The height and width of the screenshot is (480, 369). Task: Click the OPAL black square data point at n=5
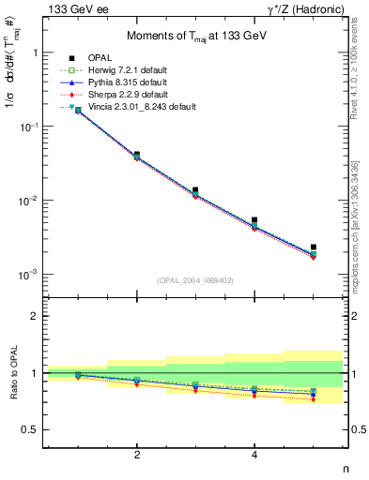314,247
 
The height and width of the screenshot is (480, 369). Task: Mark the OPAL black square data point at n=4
254,220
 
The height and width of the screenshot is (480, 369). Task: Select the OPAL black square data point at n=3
195,190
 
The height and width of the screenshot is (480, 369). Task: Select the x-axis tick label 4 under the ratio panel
254,455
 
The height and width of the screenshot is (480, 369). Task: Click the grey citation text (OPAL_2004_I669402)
194,279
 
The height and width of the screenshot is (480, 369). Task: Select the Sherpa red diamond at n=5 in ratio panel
314,399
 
